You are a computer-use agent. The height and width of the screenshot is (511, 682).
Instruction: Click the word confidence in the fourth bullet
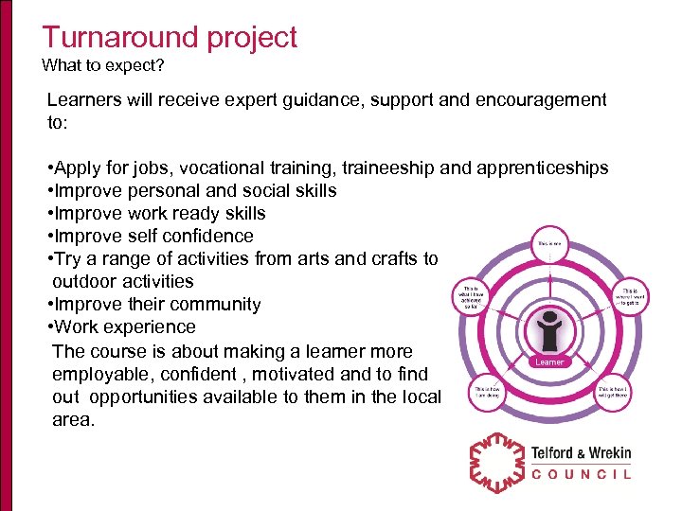(210, 237)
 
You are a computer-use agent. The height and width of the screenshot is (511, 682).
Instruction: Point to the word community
(216, 305)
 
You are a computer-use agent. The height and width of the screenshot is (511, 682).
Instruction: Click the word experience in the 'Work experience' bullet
(150, 327)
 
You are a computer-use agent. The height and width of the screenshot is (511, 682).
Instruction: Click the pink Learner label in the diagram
(549, 361)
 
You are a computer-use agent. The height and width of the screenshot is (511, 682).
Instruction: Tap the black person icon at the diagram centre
(549, 330)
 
